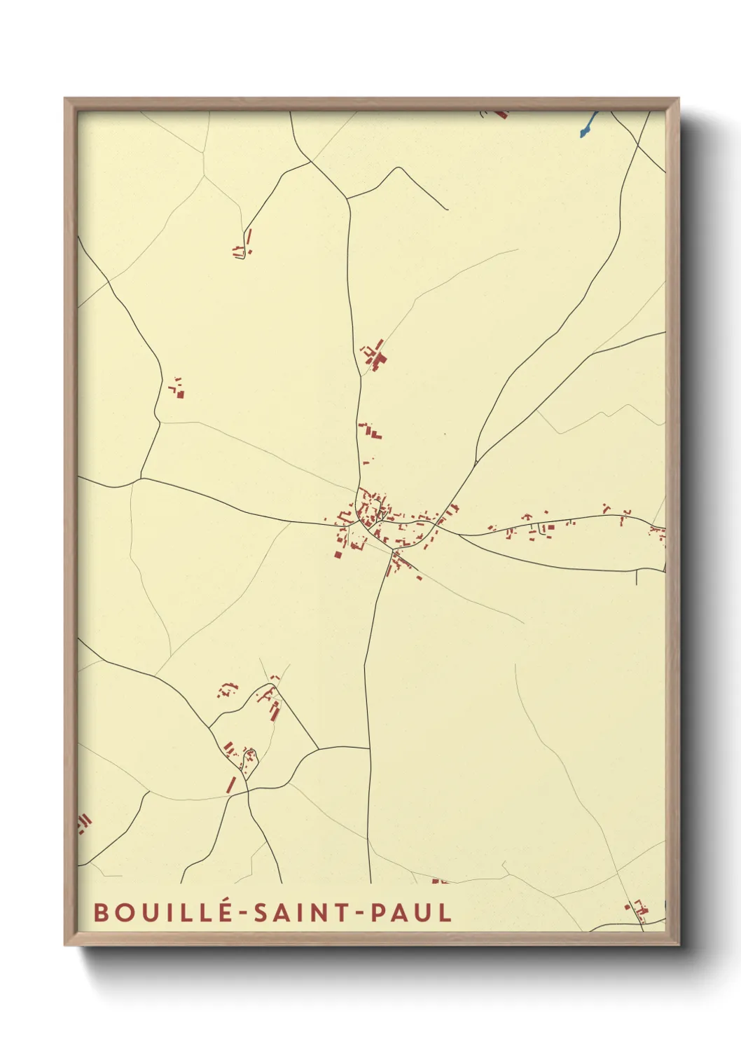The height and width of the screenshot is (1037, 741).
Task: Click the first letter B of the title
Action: click(101, 912)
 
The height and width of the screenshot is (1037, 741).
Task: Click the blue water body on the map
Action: click(587, 126)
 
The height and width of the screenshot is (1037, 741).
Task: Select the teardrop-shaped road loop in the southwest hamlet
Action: click(249, 757)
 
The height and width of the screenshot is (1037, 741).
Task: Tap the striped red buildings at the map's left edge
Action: click(84, 823)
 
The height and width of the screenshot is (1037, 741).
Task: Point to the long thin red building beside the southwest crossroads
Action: click(231, 783)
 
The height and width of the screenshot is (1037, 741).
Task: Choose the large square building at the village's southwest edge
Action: click(338, 554)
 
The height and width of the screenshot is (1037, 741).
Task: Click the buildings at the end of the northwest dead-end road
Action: click(242, 249)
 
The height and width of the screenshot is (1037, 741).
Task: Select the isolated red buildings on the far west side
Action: click(178, 389)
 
